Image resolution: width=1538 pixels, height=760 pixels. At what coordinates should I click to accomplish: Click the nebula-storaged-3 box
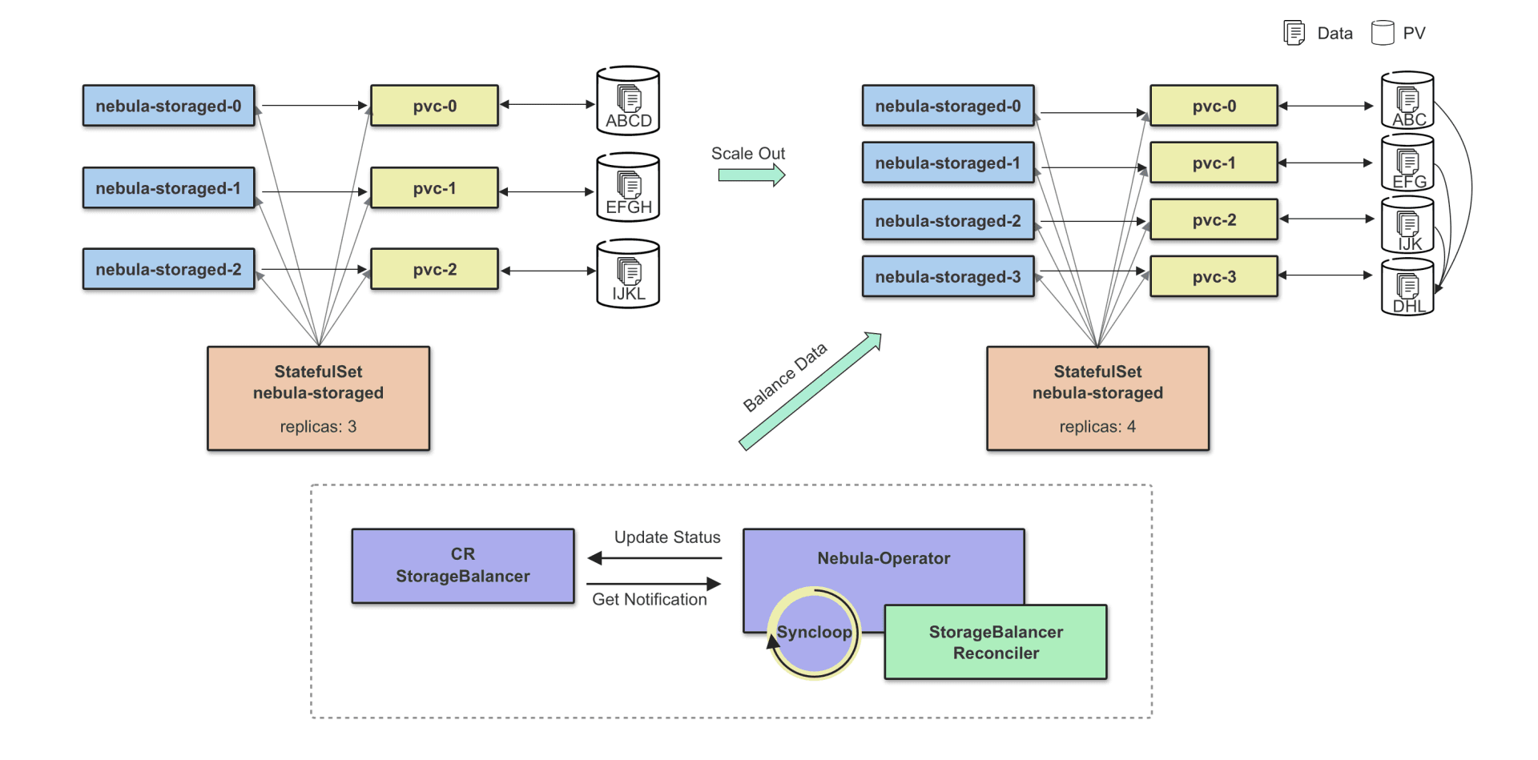[948, 277]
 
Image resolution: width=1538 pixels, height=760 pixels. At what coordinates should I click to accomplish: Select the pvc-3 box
[1214, 277]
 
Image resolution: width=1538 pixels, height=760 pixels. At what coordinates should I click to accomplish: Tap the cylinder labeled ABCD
[628, 102]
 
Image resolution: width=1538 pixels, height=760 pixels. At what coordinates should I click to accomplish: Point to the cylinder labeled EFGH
[628, 188]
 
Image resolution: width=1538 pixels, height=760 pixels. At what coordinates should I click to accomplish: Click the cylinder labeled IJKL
[628, 274]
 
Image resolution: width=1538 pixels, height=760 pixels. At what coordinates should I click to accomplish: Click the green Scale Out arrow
[751, 175]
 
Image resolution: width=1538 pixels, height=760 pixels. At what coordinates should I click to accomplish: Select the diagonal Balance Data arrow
[809, 392]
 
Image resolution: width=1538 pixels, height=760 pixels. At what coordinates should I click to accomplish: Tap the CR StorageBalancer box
[463, 565]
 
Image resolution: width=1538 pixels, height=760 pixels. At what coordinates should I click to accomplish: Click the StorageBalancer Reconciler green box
[996, 642]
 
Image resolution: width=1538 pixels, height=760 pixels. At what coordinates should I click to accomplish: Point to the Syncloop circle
[814, 633]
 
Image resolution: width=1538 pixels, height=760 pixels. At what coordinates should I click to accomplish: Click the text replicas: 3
[318, 427]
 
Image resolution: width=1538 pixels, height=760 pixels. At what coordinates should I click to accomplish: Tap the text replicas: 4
[1097, 427]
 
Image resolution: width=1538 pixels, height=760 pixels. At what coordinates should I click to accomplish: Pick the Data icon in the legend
[1294, 33]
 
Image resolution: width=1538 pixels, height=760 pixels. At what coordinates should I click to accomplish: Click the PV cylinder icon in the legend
[1383, 33]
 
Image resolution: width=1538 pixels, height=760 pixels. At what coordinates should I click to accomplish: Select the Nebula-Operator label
[884, 558]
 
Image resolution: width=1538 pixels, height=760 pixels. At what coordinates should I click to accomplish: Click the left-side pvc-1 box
[434, 188]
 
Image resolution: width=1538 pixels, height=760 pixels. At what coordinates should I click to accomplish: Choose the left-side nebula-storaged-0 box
[168, 106]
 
